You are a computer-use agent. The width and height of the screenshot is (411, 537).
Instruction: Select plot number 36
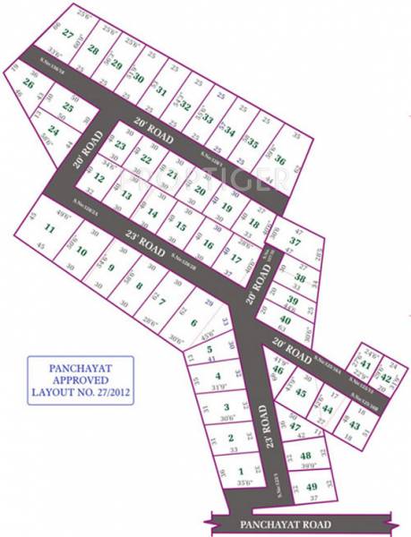tap(280, 160)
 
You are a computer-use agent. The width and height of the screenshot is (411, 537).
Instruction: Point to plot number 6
tap(193, 323)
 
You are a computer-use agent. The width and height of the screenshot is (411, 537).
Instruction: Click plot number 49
tap(311, 488)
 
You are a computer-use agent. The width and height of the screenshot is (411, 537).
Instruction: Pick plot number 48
tap(306, 457)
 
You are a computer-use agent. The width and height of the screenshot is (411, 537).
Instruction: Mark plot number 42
tap(386, 379)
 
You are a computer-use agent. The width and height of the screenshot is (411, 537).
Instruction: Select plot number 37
tap(295, 242)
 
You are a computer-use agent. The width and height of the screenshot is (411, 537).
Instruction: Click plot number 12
tap(99, 178)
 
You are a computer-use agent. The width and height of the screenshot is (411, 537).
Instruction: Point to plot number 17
tap(235, 259)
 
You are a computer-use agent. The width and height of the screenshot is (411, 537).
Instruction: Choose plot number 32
tap(185, 105)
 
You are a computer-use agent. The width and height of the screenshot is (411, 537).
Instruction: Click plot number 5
tap(208, 349)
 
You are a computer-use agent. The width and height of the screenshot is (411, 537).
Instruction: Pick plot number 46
tap(278, 370)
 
